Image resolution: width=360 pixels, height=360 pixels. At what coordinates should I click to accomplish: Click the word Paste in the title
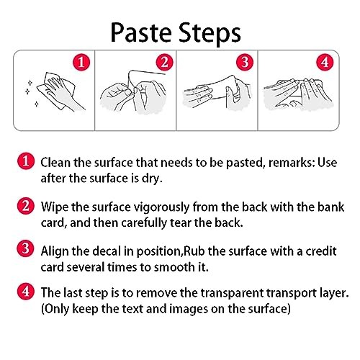[x=141, y=33]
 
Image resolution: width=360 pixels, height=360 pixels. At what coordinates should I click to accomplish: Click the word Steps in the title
[x=210, y=34]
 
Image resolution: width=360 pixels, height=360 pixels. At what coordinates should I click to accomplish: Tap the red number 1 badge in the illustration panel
[x=81, y=62]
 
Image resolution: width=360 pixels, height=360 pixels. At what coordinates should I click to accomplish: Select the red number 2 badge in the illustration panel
[x=164, y=62]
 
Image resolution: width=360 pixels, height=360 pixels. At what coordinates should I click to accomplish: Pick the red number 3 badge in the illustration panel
[x=245, y=62]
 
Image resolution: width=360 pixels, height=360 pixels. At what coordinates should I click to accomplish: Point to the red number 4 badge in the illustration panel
[x=325, y=62]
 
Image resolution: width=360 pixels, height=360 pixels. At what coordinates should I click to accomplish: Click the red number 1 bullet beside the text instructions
[x=26, y=161]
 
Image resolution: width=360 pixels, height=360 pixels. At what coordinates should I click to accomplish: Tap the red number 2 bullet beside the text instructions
[x=26, y=206]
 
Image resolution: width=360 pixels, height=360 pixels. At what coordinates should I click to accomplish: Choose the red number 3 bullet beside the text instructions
[x=25, y=248]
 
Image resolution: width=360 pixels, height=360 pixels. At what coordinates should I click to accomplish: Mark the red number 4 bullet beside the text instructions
[x=26, y=291]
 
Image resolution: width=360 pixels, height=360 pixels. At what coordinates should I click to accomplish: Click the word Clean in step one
[x=55, y=163]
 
